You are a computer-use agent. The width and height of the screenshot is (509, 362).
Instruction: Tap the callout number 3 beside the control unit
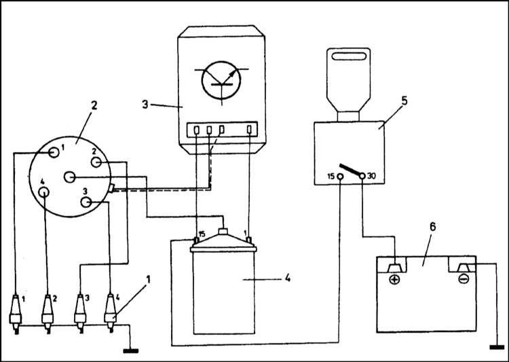click(145, 105)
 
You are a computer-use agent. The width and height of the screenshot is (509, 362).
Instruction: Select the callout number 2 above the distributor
click(94, 105)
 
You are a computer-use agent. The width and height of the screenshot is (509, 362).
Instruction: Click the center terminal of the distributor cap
click(69, 177)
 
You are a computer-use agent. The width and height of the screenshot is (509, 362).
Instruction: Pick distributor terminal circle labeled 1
click(54, 152)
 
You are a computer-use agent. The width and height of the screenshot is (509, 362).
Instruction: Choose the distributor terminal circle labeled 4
click(43, 192)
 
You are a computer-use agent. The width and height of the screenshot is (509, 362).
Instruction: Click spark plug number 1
click(16, 314)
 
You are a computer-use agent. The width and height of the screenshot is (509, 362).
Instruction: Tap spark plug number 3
click(80, 314)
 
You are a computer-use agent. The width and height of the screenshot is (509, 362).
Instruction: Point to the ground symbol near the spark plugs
click(131, 351)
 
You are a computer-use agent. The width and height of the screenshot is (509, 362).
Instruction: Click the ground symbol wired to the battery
click(497, 347)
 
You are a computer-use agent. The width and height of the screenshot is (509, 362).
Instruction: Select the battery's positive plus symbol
click(394, 279)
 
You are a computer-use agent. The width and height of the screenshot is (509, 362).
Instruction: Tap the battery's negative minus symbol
click(464, 278)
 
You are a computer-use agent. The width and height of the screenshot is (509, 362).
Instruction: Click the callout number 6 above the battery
click(432, 227)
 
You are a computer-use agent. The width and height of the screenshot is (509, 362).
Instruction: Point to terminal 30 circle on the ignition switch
click(362, 176)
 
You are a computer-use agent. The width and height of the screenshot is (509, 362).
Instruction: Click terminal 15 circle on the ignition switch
click(340, 177)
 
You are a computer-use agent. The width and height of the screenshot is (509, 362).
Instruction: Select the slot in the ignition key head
click(349, 56)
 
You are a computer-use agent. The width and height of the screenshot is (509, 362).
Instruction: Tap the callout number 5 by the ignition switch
click(404, 101)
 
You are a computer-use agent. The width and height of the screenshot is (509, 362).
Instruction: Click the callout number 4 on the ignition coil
click(288, 278)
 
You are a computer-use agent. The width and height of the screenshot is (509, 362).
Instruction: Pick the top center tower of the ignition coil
click(223, 231)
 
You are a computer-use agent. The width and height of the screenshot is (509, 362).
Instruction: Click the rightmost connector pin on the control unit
click(249, 129)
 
